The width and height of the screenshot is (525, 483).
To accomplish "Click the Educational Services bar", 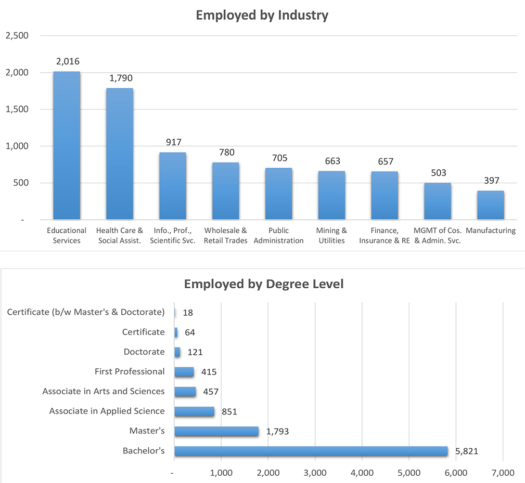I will pyautogui.click(x=67, y=145).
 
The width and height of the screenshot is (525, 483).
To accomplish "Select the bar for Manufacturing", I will pyautogui.click(x=491, y=205).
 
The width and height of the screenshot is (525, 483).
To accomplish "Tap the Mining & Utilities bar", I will pyautogui.click(x=331, y=195).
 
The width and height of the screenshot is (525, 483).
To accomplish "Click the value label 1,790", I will pyautogui.click(x=121, y=78).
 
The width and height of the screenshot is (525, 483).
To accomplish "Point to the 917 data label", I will pyautogui.click(x=173, y=142).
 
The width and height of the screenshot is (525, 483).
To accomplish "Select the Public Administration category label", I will pyautogui.click(x=278, y=235).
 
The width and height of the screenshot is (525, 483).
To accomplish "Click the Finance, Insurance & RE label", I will pyautogui.click(x=385, y=235).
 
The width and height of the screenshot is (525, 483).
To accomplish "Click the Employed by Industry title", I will pyautogui.click(x=262, y=16).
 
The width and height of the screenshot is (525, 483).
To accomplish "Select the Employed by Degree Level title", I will pyautogui.click(x=264, y=284).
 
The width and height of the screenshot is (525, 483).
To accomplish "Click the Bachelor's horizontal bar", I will pyautogui.click(x=311, y=451).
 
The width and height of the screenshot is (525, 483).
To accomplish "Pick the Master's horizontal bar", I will pyautogui.click(x=216, y=431).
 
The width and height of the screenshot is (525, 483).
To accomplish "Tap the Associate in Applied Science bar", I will pyautogui.click(x=194, y=411).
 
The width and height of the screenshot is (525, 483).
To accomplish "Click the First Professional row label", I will pyautogui.click(x=130, y=371).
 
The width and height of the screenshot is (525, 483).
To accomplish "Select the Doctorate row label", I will pyautogui.click(x=144, y=352).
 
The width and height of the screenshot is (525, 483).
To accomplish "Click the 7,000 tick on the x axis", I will pyautogui.click(x=503, y=473).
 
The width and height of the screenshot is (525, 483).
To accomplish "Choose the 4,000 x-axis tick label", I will pyautogui.click(x=362, y=473).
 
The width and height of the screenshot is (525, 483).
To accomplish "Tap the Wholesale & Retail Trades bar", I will pyautogui.click(x=225, y=191).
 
